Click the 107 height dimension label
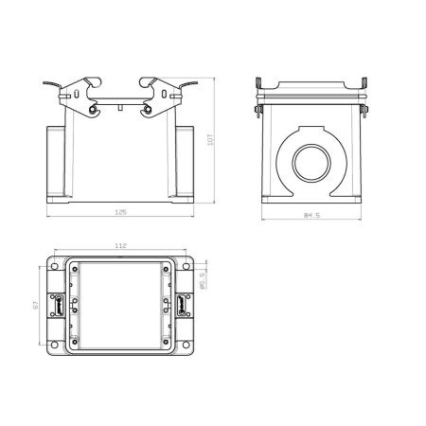point(210,139)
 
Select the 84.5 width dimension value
point(311,215)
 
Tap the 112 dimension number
point(120,245)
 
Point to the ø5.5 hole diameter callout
point(203,280)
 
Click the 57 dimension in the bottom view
point(36,305)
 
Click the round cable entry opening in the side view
point(311,163)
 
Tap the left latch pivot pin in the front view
point(93,110)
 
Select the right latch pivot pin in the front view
point(148,110)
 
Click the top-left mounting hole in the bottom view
point(55,266)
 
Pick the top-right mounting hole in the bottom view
point(186,266)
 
